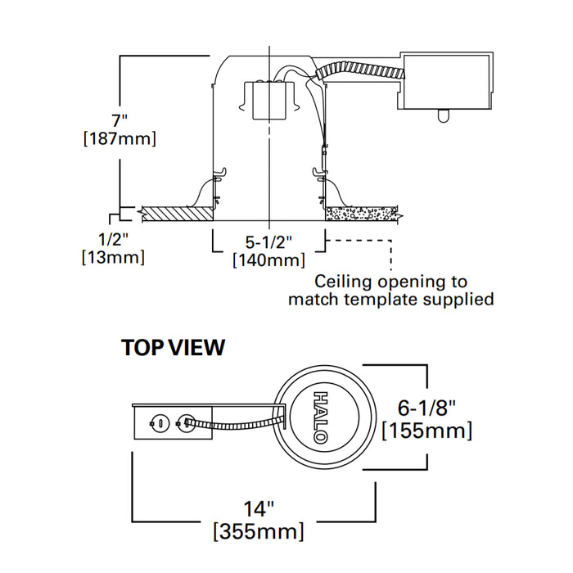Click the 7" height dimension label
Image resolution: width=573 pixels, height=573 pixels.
click(120, 120)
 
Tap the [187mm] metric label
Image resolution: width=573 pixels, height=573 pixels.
click(120, 139)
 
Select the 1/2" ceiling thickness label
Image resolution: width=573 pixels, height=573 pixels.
click(113, 240)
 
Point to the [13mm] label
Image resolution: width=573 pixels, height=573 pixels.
click(113, 257)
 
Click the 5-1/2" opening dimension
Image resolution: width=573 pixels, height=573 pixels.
click(268, 242)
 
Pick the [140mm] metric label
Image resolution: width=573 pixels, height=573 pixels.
click(269, 260)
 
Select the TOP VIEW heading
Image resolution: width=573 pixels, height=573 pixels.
click(174, 347)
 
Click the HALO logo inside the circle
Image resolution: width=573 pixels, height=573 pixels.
click(321, 417)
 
